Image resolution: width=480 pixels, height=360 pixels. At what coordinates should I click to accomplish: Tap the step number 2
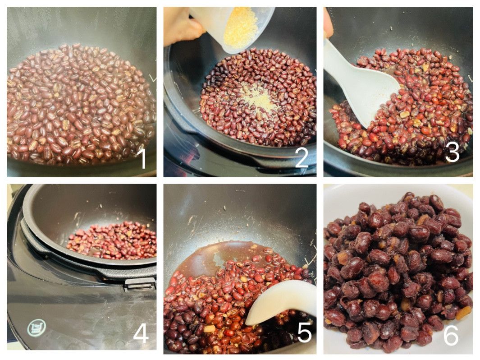click(x=302, y=158)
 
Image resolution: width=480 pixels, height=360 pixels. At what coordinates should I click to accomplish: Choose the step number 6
click(x=451, y=335)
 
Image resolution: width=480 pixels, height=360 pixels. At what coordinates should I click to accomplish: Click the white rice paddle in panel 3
click(x=361, y=80)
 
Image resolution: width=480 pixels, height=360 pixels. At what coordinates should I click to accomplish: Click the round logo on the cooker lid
click(x=37, y=328)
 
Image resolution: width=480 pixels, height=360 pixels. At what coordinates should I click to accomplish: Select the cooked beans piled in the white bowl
click(x=398, y=272)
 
